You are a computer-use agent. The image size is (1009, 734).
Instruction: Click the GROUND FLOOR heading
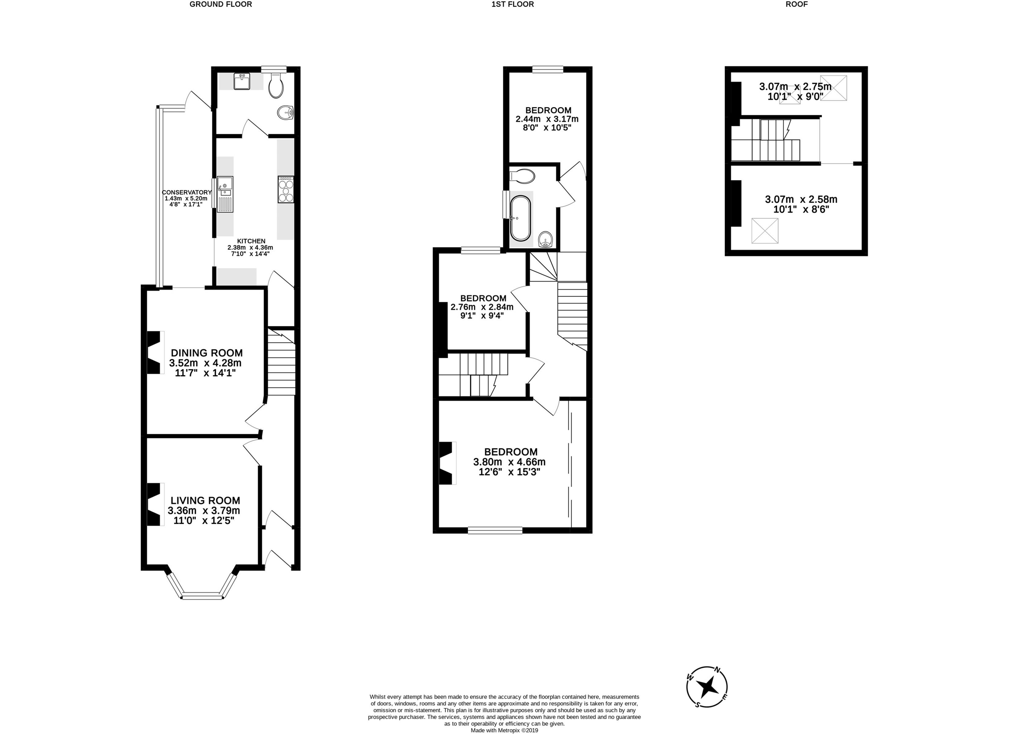tap(221, 5)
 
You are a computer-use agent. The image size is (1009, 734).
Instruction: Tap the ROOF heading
tap(796, 5)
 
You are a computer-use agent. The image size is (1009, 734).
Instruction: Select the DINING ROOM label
tap(207, 353)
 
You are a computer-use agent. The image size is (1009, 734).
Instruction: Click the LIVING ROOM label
tap(205, 501)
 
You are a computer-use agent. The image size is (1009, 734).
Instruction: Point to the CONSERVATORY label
tap(187, 192)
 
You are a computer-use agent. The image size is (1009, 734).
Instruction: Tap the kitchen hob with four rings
tap(286, 190)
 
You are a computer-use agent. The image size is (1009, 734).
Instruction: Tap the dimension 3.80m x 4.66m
tap(509, 462)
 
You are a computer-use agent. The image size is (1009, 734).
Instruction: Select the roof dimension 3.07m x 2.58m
tap(801, 199)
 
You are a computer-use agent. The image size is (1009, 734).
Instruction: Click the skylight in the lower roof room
tap(765, 231)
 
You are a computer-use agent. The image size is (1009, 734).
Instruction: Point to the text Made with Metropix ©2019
tap(505, 730)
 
